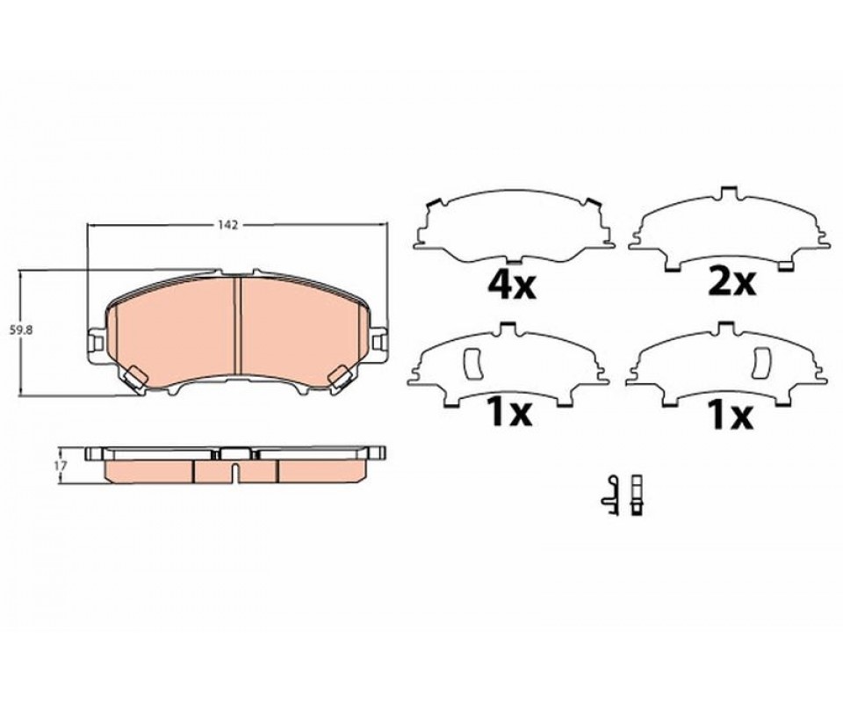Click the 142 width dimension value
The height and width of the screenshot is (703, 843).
[x=228, y=225]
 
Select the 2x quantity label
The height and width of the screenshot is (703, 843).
[x=732, y=282]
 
